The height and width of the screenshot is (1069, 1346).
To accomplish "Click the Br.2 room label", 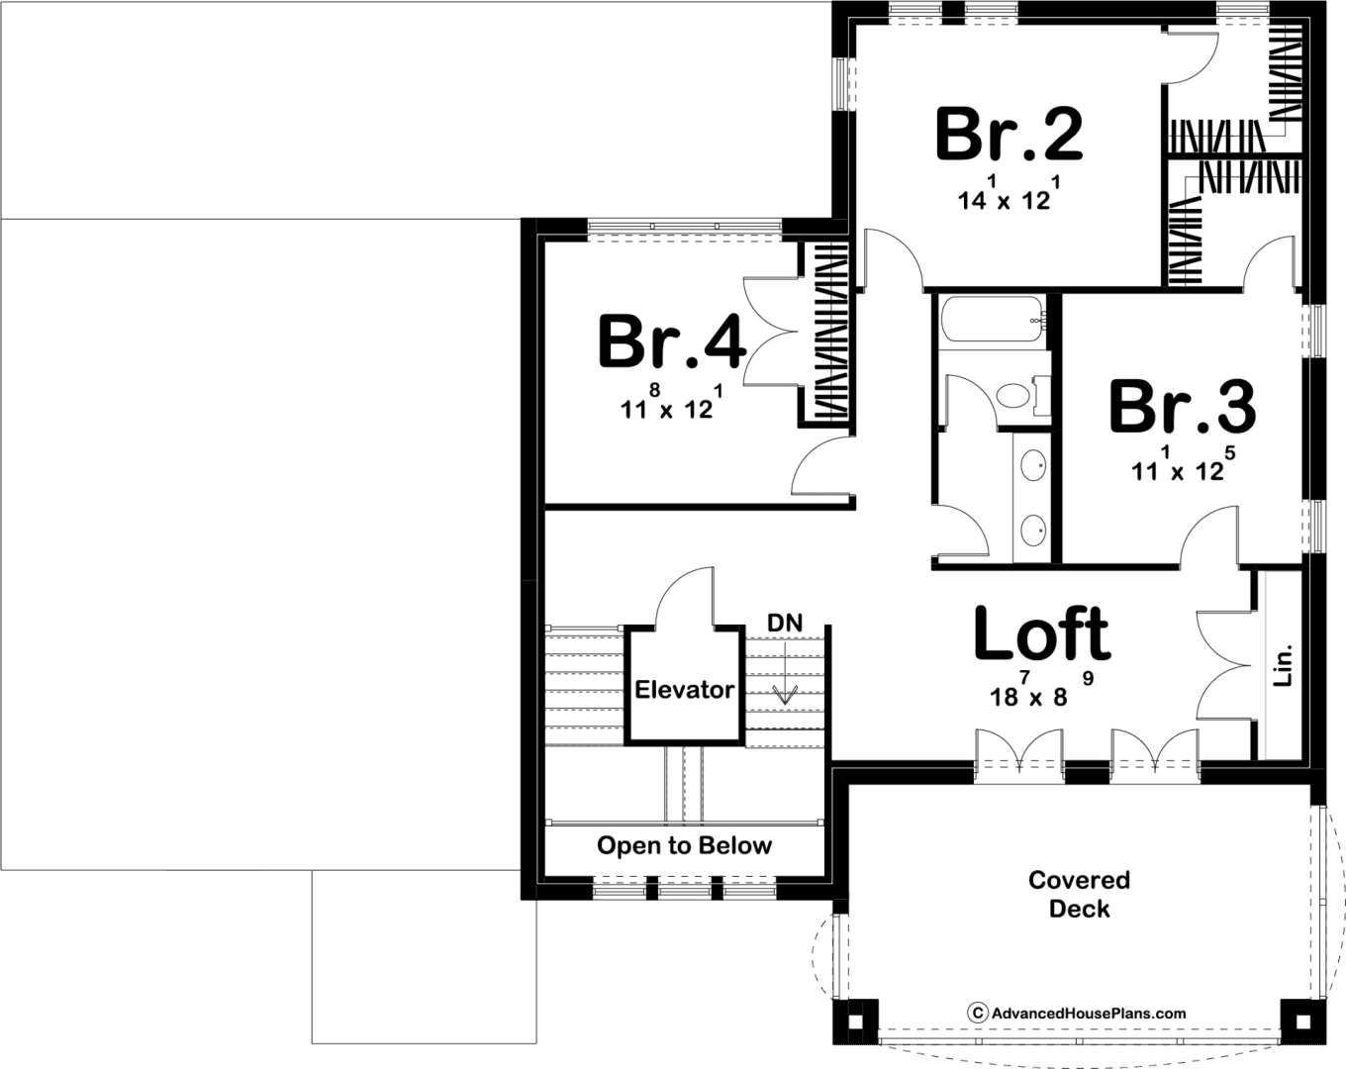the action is coord(1009,135).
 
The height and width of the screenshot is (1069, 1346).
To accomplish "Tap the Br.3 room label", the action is coord(1183,407).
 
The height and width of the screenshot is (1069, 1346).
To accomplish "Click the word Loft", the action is coord(1042,632).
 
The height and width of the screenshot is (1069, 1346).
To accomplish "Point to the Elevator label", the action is coord(684,689).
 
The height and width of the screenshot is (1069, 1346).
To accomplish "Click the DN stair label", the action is coord(784,623).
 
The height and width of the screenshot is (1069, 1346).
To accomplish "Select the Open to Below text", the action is coord(684,845).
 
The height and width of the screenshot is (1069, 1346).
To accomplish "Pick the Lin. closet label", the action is coord(1283,665).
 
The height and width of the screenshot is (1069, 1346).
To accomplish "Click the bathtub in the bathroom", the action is coord(992,319).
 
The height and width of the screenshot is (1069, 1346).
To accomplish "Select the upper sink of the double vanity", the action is coord(1033,465).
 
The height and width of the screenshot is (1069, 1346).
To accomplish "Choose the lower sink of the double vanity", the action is coord(1033,531).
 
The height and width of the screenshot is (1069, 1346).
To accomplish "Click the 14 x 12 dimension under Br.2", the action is coord(1009,193).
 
